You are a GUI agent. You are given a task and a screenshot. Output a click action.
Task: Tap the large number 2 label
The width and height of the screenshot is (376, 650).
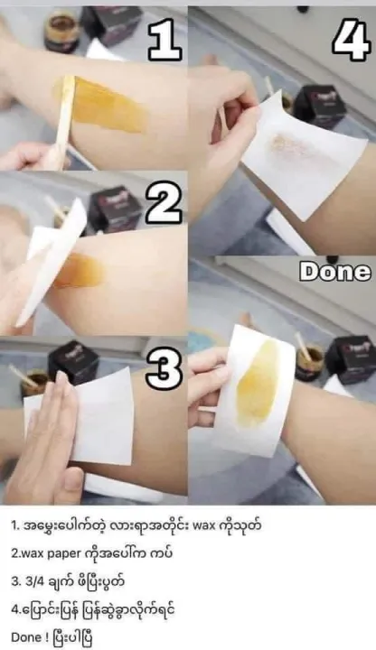point(164,206)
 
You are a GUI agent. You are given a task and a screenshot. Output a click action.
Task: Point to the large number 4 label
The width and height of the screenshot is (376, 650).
point(351,40)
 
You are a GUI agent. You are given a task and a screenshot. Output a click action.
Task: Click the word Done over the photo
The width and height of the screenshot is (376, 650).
point(335,272)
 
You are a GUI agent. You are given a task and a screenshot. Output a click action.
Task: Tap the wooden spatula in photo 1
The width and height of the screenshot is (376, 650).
point(63,120)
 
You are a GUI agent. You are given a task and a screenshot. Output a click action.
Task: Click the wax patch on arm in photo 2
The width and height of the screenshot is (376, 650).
point(79,271)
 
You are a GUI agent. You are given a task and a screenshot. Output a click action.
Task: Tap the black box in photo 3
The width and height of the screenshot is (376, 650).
point(73,362)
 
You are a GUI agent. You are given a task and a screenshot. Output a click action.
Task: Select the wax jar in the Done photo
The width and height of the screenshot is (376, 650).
point(309,363)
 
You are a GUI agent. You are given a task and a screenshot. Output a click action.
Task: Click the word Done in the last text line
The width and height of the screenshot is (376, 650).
point(26,637)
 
